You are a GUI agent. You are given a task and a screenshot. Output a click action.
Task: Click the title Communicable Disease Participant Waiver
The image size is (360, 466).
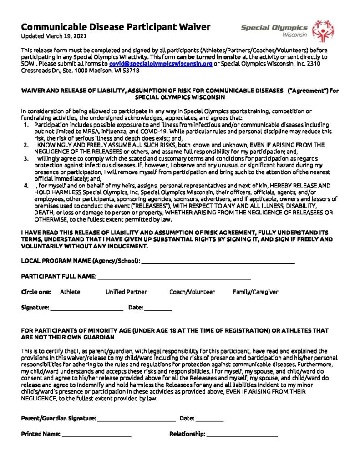116,27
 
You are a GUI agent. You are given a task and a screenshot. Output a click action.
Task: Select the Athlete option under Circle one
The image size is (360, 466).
70,292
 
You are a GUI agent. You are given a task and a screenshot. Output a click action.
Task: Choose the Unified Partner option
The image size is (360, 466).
126,292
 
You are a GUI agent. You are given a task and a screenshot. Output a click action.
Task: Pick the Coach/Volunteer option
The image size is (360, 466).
192,292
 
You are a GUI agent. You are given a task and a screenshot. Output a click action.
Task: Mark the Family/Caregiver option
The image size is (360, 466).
255,292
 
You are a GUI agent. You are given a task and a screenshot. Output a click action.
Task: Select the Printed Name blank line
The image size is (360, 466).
96,436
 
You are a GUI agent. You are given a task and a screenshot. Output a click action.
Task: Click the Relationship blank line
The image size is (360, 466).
242,436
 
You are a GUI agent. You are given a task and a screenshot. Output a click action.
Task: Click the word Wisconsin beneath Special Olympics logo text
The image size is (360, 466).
294,35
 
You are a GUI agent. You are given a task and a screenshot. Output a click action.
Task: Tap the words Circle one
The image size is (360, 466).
36,292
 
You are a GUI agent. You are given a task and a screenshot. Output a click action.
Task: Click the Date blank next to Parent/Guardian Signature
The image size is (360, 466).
210,420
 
